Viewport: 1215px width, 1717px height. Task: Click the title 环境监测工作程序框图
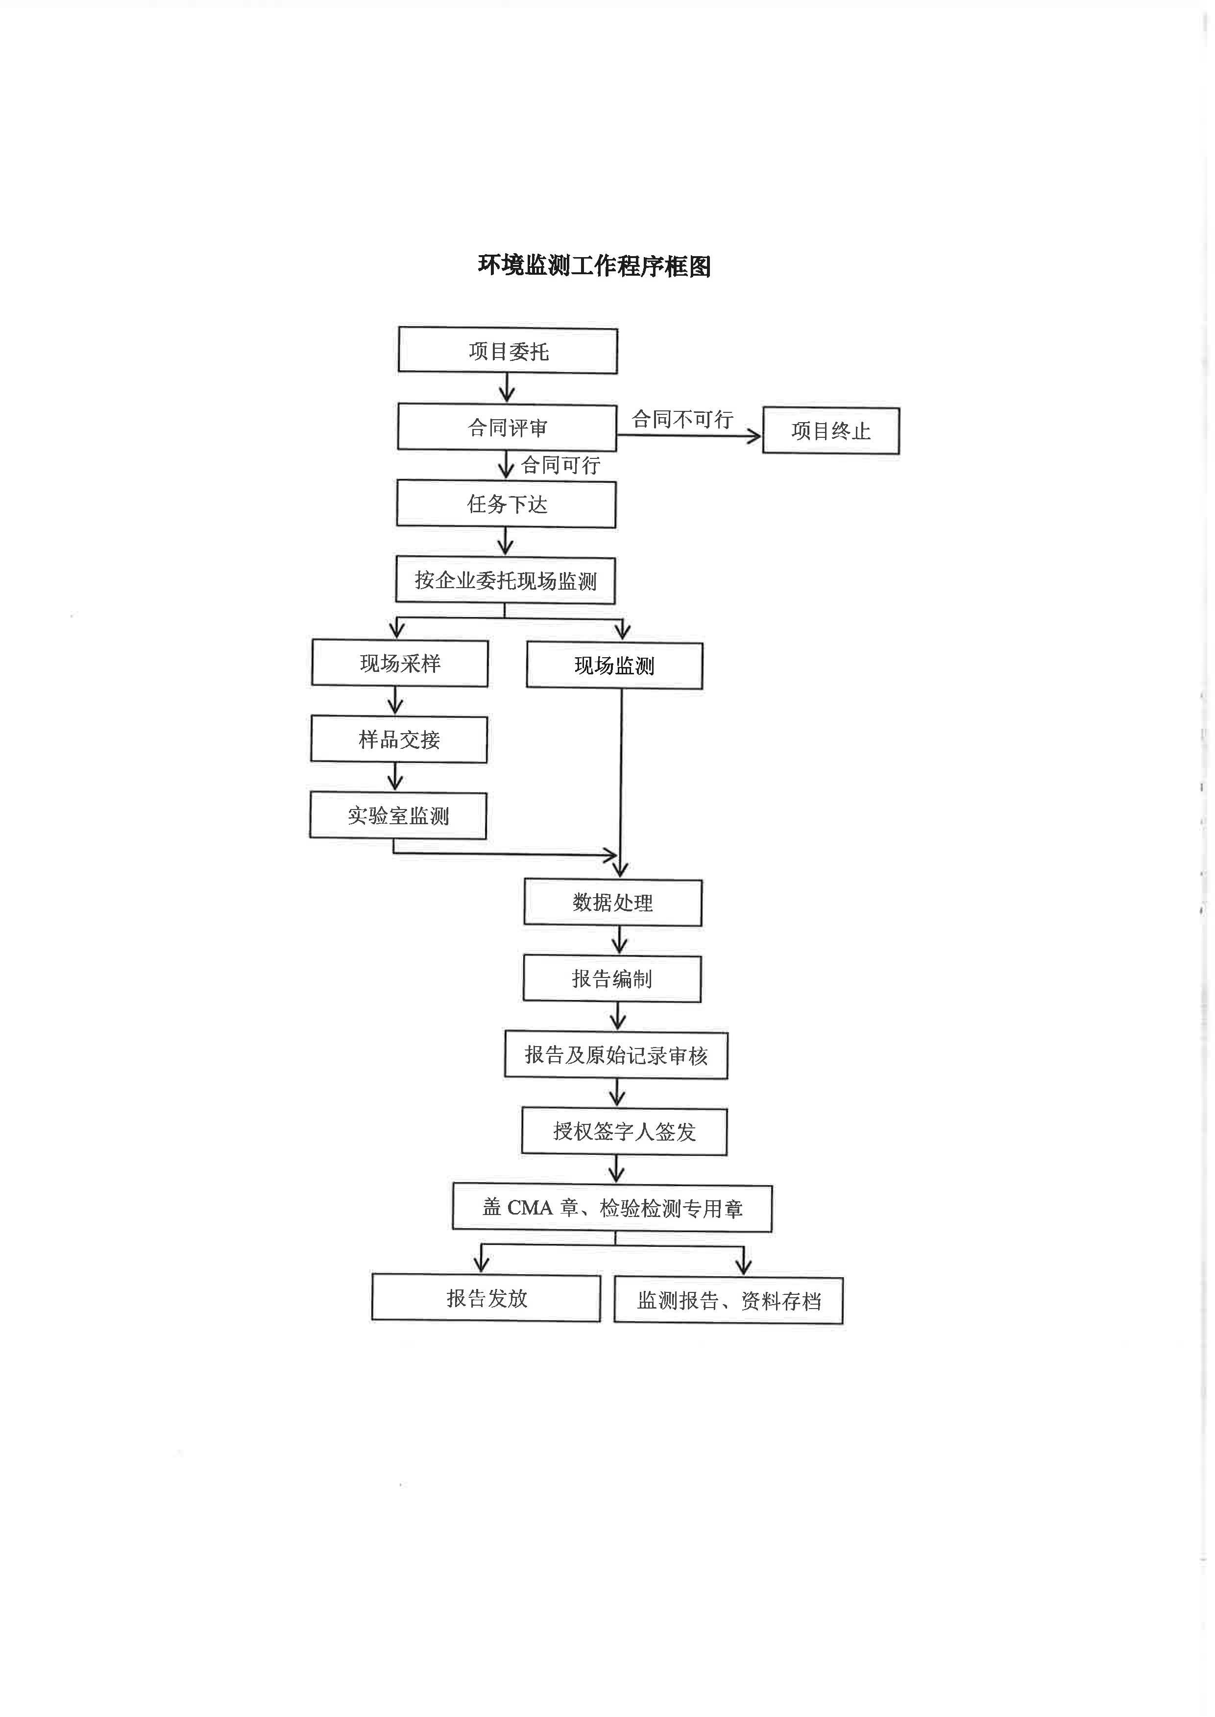tap(594, 266)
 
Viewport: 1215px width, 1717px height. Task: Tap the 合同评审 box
tap(507, 428)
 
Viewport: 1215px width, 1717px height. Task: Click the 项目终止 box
tap(830, 431)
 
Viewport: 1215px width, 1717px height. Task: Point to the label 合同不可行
tap(682, 420)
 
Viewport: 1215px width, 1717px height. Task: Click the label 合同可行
tap(560, 465)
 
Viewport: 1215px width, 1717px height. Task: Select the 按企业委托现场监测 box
tap(505, 581)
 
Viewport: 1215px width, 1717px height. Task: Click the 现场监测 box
tap(614, 666)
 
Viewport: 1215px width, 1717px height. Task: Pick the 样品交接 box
tap(399, 739)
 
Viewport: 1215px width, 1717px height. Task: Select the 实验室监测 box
tap(398, 816)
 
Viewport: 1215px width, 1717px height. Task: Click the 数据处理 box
tap(613, 903)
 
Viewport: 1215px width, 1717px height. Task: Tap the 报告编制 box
tap(612, 979)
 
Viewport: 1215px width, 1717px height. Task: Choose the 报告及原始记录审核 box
tap(616, 1055)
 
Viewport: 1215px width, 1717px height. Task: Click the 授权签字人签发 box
tap(624, 1131)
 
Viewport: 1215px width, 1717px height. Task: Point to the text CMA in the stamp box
tap(530, 1208)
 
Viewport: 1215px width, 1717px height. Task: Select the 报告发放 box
tap(486, 1298)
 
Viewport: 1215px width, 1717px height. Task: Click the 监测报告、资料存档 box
tap(728, 1301)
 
